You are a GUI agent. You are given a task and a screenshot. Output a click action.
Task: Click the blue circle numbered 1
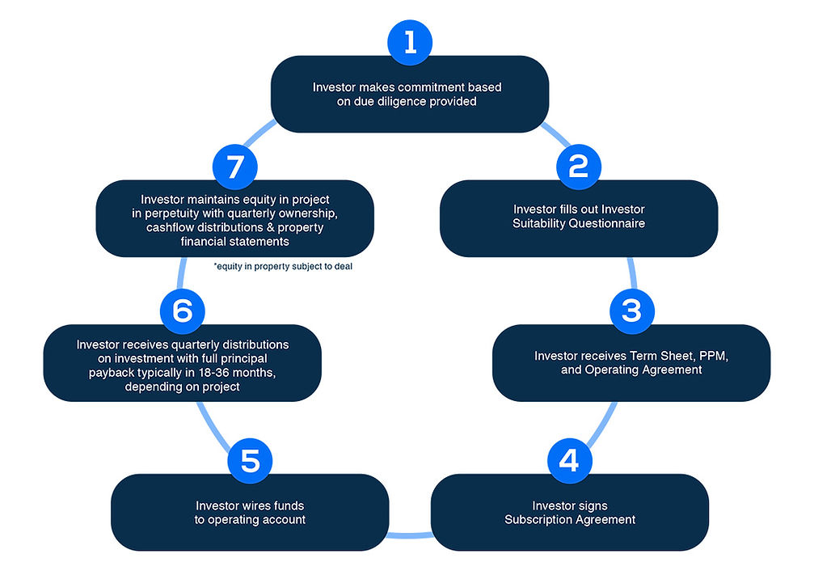click(x=411, y=43)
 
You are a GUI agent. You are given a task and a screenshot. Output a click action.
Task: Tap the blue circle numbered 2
click(x=578, y=167)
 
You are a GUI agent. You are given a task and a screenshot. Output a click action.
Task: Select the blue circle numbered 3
click(x=631, y=311)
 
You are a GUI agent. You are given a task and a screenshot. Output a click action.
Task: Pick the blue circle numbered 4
click(x=569, y=461)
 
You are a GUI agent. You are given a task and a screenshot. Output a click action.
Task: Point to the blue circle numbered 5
click(x=250, y=461)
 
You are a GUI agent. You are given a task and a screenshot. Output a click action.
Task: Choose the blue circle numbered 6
click(x=182, y=311)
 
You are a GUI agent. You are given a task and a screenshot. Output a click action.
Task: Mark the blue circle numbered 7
click(x=234, y=167)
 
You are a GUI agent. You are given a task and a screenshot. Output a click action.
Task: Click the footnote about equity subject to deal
click(x=283, y=266)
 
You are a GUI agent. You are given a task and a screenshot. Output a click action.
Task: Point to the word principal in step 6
click(x=242, y=358)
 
